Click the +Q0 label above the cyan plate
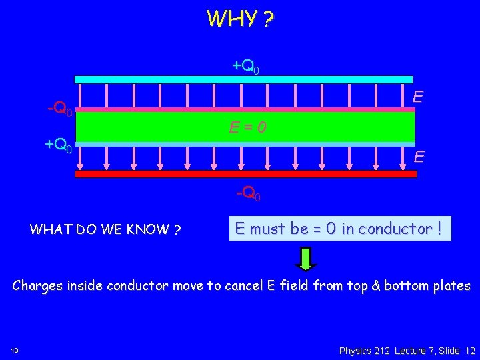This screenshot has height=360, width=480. (245, 66)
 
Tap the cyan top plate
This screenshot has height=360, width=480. (243, 79)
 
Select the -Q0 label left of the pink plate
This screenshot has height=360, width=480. (59, 108)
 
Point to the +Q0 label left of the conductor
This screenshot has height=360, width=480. (59, 144)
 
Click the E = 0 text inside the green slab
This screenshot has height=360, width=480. (247, 127)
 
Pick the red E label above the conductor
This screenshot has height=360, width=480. (418, 96)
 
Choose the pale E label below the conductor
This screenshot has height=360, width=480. (419, 157)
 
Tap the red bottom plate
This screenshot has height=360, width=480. (245, 174)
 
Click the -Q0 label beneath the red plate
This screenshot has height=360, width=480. (248, 194)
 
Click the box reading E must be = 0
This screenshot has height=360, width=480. (339, 229)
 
